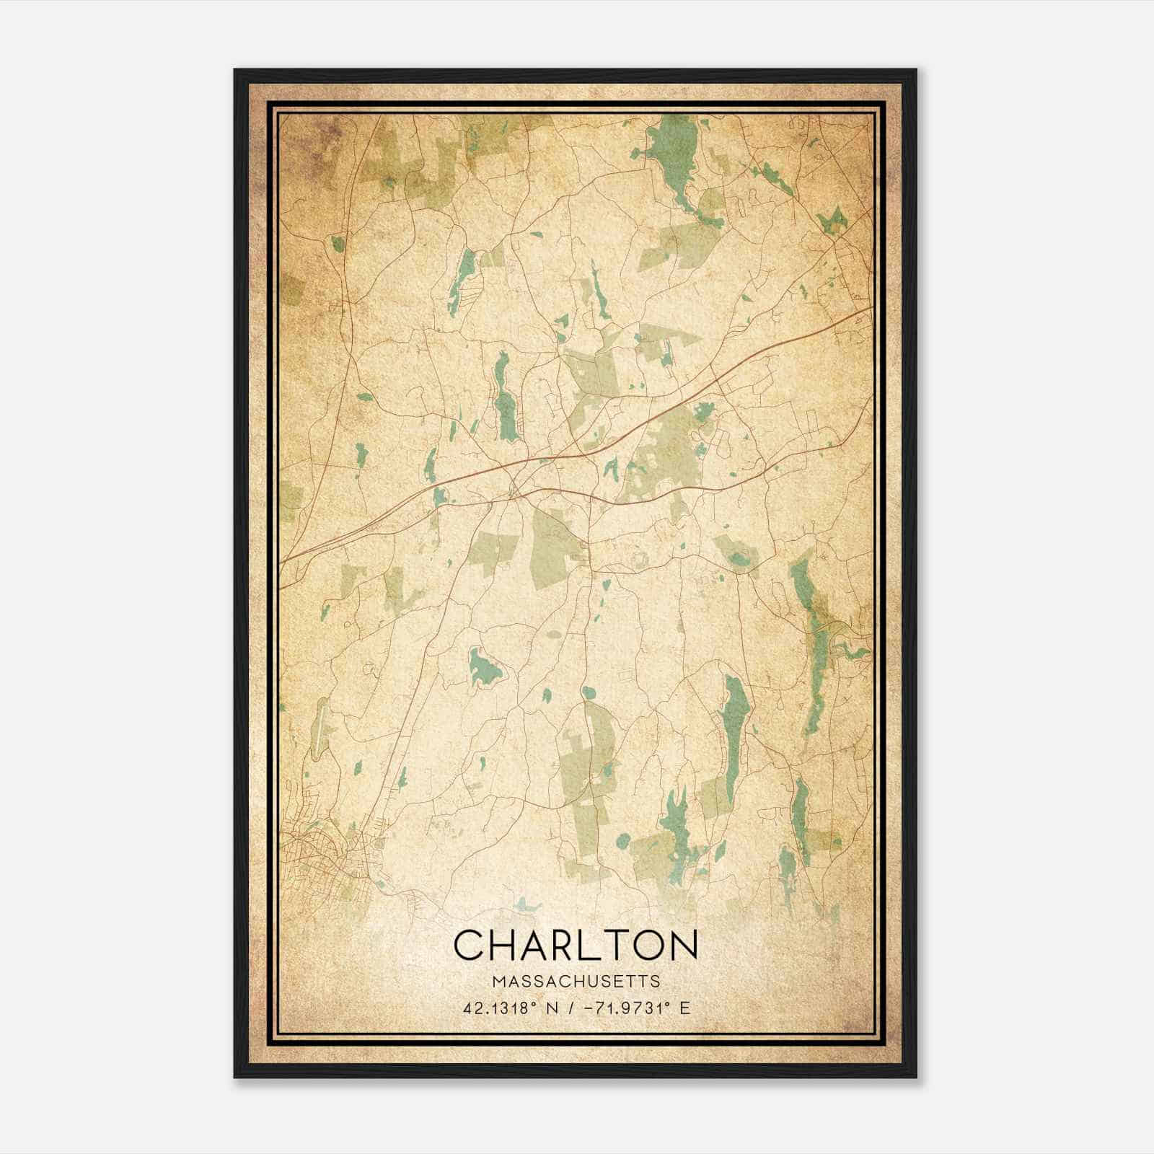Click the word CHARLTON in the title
click(576, 943)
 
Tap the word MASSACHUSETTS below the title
click(576, 982)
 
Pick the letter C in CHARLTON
click(472, 943)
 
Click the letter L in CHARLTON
click(587, 943)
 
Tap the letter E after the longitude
click(685, 1008)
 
